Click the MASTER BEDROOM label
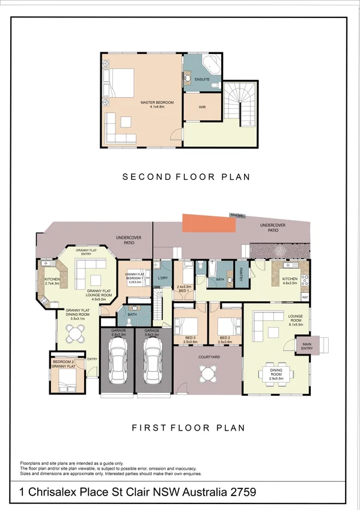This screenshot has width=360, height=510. [157, 103]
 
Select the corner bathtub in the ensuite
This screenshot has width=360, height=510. [212, 64]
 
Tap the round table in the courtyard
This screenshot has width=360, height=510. [207, 374]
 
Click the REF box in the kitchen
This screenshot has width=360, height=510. [305, 297]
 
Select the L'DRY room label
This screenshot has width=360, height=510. [161, 277]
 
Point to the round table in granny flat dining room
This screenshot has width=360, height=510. [75, 333]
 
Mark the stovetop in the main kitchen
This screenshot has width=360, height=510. [304, 281]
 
